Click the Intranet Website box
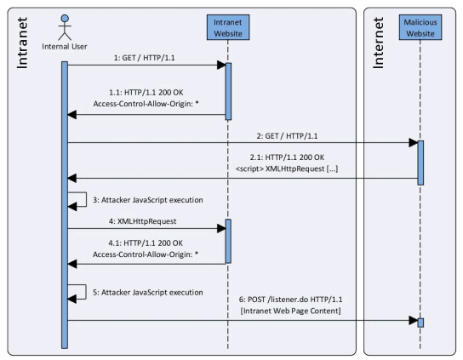[228, 27]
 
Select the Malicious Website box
[420, 27]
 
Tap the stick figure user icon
[65, 27]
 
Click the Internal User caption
[65, 46]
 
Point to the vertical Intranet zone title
[22, 43]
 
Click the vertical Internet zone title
[378, 43]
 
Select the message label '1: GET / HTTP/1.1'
[145, 58]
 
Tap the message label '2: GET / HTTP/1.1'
[287, 136]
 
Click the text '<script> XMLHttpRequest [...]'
[287, 169]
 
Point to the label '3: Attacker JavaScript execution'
[148, 200]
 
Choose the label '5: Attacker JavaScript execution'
[148, 293]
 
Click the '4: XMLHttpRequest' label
[142, 221]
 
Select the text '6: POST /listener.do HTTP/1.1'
[290, 300]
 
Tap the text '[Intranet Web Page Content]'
[290, 311]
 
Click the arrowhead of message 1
[221, 65]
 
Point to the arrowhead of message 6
[414, 320]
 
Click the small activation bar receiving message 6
[420, 323]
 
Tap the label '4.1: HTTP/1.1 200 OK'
[146, 243]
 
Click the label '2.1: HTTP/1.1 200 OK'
[287, 157]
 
